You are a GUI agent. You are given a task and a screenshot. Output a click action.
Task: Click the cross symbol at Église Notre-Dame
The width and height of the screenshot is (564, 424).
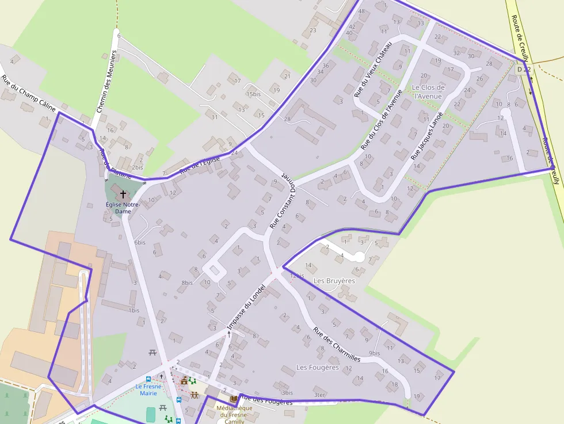[123, 194]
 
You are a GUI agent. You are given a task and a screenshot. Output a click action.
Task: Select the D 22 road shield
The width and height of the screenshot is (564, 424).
[523, 69]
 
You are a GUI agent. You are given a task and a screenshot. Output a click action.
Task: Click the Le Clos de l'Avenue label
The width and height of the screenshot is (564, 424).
[428, 91]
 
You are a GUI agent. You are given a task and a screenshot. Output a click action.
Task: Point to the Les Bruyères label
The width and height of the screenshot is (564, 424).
[334, 281]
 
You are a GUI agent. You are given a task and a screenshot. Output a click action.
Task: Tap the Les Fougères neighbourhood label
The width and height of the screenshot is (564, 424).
[317, 367]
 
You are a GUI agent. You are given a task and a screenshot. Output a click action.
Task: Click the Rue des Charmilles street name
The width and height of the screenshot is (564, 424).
[337, 345]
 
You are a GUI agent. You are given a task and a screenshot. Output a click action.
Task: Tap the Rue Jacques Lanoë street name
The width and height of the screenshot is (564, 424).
[427, 136]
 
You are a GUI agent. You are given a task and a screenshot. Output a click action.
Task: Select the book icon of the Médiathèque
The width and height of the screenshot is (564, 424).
[233, 398]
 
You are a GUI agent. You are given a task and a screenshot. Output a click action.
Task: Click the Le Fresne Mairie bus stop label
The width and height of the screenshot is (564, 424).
[148, 389]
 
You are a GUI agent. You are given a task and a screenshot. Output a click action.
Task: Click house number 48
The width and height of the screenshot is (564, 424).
[361, 11]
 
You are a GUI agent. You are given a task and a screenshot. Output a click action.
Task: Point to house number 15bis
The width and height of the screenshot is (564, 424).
[253, 94]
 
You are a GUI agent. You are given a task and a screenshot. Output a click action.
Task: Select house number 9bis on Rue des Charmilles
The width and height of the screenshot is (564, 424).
[375, 353]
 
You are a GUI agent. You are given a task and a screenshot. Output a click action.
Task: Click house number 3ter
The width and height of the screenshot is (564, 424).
[319, 395]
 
